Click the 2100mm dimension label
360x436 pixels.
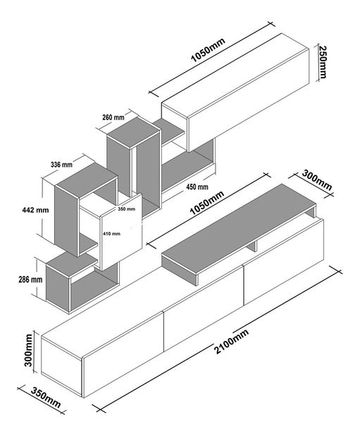click(x=232, y=341)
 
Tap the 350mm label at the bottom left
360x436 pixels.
click(x=46, y=398)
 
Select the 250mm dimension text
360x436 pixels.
click(x=323, y=62)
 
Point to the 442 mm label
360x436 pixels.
click(x=35, y=210)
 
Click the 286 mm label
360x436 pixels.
click(x=30, y=279)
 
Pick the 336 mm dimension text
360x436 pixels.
click(x=61, y=165)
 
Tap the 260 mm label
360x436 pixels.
click(x=113, y=118)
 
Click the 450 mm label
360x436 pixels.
click(x=197, y=187)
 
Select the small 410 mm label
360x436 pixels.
click(x=111, y=234)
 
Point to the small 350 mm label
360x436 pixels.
click(x=126, y=208)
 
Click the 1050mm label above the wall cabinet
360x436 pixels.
click(x=208, y=50)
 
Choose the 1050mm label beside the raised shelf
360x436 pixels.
click(x=206, y=203)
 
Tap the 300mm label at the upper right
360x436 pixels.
click(x=317, y=181)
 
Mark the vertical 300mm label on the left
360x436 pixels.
click(x=28, y=350)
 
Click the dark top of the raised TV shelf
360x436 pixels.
click(x=240, y=228)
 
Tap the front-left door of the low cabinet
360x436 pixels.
click(x=123, y=354)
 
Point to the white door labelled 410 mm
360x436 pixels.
click(x=122, y=232)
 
